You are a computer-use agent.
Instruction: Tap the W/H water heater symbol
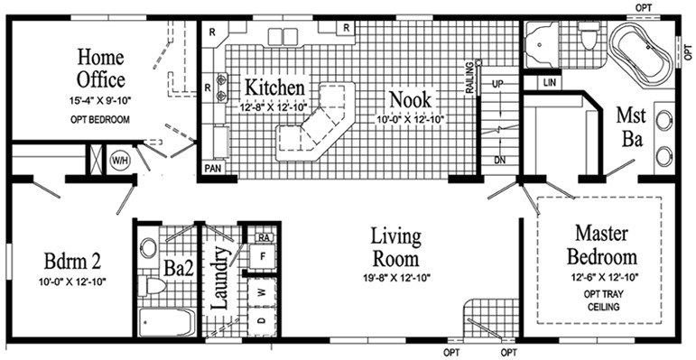point(119,162)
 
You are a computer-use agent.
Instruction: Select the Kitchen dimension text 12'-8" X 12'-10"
point(274,107)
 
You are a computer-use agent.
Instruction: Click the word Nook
point(410,97)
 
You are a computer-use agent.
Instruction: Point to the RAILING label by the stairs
point(470,76)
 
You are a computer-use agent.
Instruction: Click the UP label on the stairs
point(497,84)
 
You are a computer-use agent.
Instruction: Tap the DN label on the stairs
point(497,159)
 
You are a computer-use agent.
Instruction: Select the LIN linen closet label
point(552,83)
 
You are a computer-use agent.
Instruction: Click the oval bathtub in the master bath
point(640,52)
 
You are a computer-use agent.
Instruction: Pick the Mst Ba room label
point(630,126)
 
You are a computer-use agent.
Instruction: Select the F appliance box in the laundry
point(261,256)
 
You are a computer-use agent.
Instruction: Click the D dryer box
point(261,319)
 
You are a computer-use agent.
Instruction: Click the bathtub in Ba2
point(167,322)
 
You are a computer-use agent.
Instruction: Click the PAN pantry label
point(214,169)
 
